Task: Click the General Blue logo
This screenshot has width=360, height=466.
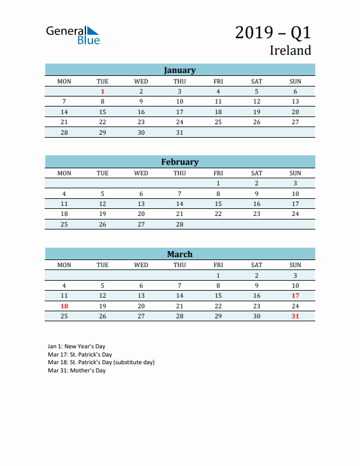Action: (73, 35)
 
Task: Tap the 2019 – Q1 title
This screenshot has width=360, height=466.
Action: (273, 32)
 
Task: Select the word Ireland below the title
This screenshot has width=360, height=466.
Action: (290, 51)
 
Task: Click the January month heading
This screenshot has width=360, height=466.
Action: (179, 70)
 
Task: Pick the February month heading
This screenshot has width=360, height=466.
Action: (179, 162)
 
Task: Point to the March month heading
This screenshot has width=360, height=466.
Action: (179, 254)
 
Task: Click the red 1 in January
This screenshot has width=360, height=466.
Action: (102, 91)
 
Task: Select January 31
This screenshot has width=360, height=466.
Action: (179, 132)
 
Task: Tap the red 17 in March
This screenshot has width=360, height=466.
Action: (295, 295)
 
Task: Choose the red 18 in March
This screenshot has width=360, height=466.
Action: (64, 306)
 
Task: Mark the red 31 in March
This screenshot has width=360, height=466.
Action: (295, 316)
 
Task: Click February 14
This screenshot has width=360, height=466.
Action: (179, 204)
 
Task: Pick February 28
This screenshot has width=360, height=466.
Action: (179, 224)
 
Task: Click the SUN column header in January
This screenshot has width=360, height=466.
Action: (295, 81)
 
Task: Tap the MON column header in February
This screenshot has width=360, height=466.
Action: (64, 173)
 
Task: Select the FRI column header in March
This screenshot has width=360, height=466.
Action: (218, 265)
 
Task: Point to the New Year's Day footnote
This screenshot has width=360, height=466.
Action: (76, 347)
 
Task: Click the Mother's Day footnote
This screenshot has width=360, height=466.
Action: (76, 371)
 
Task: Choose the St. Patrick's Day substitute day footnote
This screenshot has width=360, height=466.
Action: (101, 362)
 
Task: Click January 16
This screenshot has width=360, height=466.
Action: (141, 112)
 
